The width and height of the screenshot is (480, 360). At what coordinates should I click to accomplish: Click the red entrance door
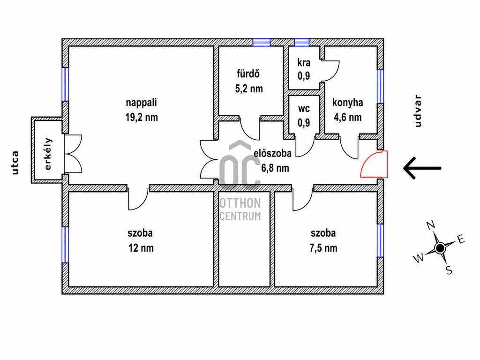click(374, 164)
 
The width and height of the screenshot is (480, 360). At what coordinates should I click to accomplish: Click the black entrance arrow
click(422, 168)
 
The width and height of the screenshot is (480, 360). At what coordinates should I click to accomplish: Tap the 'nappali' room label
click(142, 102)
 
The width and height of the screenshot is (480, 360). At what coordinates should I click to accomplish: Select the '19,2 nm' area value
click(142, 117)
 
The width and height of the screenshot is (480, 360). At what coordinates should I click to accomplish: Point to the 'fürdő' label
click(248, 74)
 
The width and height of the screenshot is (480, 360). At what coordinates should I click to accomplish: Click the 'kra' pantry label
click(304, 62)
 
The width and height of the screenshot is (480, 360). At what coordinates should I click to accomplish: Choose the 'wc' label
click(304, 108)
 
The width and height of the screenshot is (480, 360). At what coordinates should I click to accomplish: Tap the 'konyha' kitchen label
click(348, 102)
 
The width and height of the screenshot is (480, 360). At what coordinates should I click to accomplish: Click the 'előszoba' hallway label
click(272, 153)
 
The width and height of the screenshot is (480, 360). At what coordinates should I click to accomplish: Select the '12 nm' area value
click(141, 247)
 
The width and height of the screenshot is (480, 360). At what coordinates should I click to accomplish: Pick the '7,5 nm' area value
click(323, 247)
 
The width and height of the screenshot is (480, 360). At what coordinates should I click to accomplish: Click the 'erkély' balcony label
click(48, 154)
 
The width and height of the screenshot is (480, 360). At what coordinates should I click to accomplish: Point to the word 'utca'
click(15, 163)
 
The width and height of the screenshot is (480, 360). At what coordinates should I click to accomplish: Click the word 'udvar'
click(418, 111)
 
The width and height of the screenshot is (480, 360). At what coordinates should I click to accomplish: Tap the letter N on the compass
click(431, 225)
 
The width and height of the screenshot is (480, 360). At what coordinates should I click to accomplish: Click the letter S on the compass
click(449, 270)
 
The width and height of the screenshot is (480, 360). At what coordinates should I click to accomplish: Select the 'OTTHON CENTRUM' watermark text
click(240, 209)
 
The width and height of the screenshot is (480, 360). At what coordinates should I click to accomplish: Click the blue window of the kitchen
click(380, 86)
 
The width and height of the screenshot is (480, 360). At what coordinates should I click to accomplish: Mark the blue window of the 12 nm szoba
click(65, 245)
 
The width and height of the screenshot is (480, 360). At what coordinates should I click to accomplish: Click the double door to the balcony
click(73, 154)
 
